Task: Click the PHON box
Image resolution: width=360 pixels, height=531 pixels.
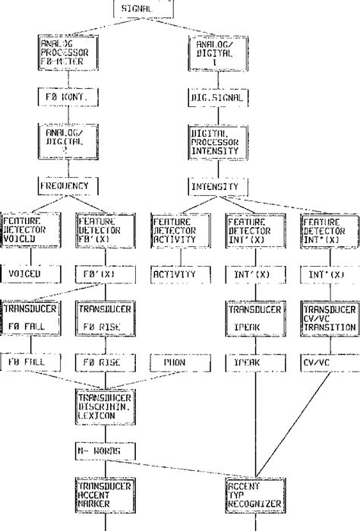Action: tap(175, 362)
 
